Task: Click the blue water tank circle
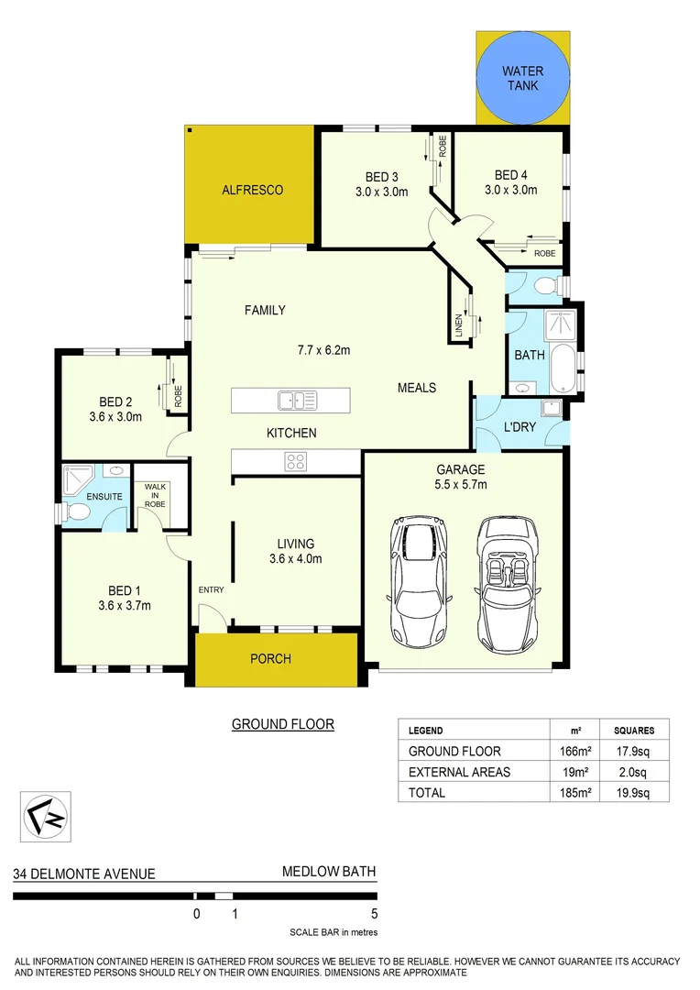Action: pyautogui.click(x=522, y=78)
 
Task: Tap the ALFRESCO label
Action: pyautogui.click(x=252, y=191)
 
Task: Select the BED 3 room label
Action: pyautogui.click(x=382, y=177)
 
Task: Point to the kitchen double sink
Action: pyautogui.click(x=298, y=401)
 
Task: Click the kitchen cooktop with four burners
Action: pyautogui.click(x=296, y=461)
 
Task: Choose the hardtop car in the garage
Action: pyautogui.click(x=421, y=581)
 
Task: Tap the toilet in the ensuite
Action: pyautogui.click(x=76, y=514)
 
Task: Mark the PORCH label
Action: pyautogui.click(x=271, y=659)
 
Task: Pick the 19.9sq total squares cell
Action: pyautogui.click(x=634, y=792)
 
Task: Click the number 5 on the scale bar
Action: pyautogui.click(x=375, y=913)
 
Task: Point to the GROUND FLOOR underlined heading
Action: pyautogui.click(x=282, y=724)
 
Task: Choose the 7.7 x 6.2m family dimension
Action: pyautogui.click(x=324, y=349)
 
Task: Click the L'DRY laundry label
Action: pyautogui.click(x=520, y=427)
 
